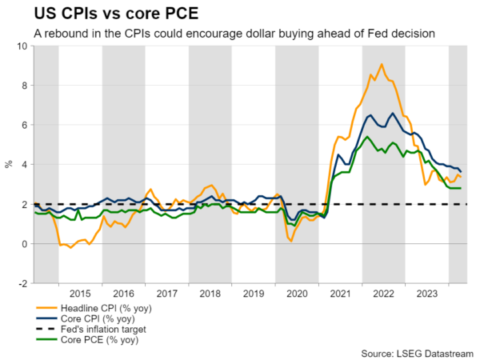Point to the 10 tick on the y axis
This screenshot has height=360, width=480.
pyautogui.click(x=22, y=46)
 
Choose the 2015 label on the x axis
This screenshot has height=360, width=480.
pyautogui.click(x=80, y=293)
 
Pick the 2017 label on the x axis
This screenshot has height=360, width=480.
pyautogui.click(x=167, y=293)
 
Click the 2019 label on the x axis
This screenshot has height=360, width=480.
pyautogui.click(x=254, y=293)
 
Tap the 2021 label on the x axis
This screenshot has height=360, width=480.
pyautogui.click(x=340, y=293)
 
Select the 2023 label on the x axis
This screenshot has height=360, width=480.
pyautogui.click(x=426, y=293)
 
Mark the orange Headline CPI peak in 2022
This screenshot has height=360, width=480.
pyautogui.click(x=382, y=64)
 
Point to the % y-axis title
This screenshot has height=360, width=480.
pyautogui.click(x=9, y=165)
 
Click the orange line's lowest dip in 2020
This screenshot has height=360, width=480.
pyautogui.click(x=291, y=241)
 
